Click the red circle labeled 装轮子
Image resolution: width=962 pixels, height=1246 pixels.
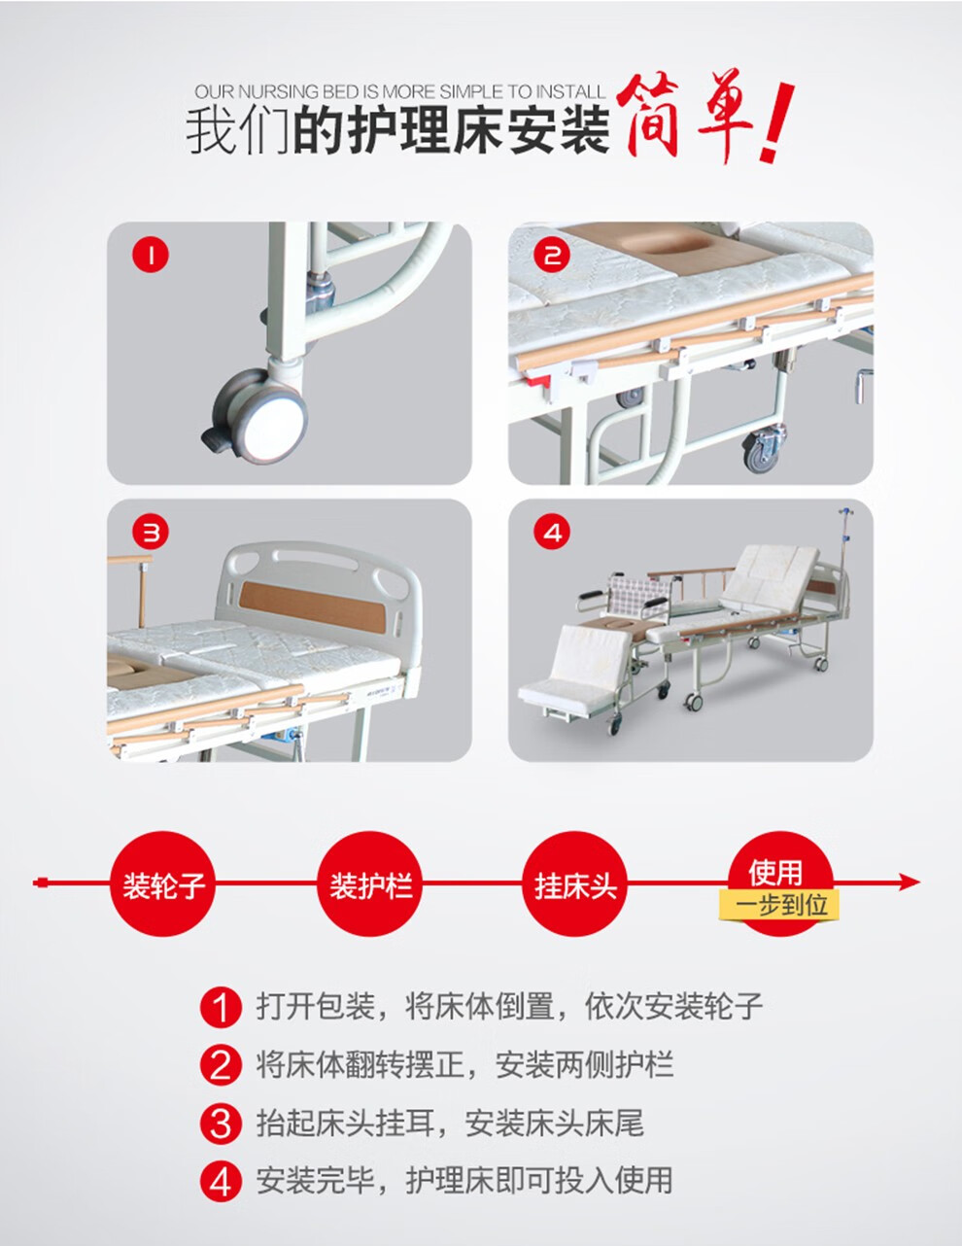click(163, 884)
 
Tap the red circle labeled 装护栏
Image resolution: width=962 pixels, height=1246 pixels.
click(370, 884)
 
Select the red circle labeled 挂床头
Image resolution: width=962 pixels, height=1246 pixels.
click(575, 884)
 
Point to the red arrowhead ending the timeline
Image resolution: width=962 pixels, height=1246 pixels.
click(909, 883)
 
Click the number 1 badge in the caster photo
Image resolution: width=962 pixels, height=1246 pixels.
click(151, 256)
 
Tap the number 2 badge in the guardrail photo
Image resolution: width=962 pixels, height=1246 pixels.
click(553, 256)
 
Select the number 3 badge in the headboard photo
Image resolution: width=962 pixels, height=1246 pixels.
click(151, 532)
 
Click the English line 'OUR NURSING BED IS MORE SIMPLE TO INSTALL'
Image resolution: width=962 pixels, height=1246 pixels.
click(399, 91)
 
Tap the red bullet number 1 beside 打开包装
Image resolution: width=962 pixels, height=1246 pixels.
click(221, 1007)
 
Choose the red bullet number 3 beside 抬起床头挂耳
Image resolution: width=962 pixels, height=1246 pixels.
click(221, 1125)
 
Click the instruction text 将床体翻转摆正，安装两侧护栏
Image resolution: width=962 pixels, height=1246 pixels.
click(464, 1065)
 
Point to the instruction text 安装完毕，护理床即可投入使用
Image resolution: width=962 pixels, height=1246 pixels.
click(464, 1181)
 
